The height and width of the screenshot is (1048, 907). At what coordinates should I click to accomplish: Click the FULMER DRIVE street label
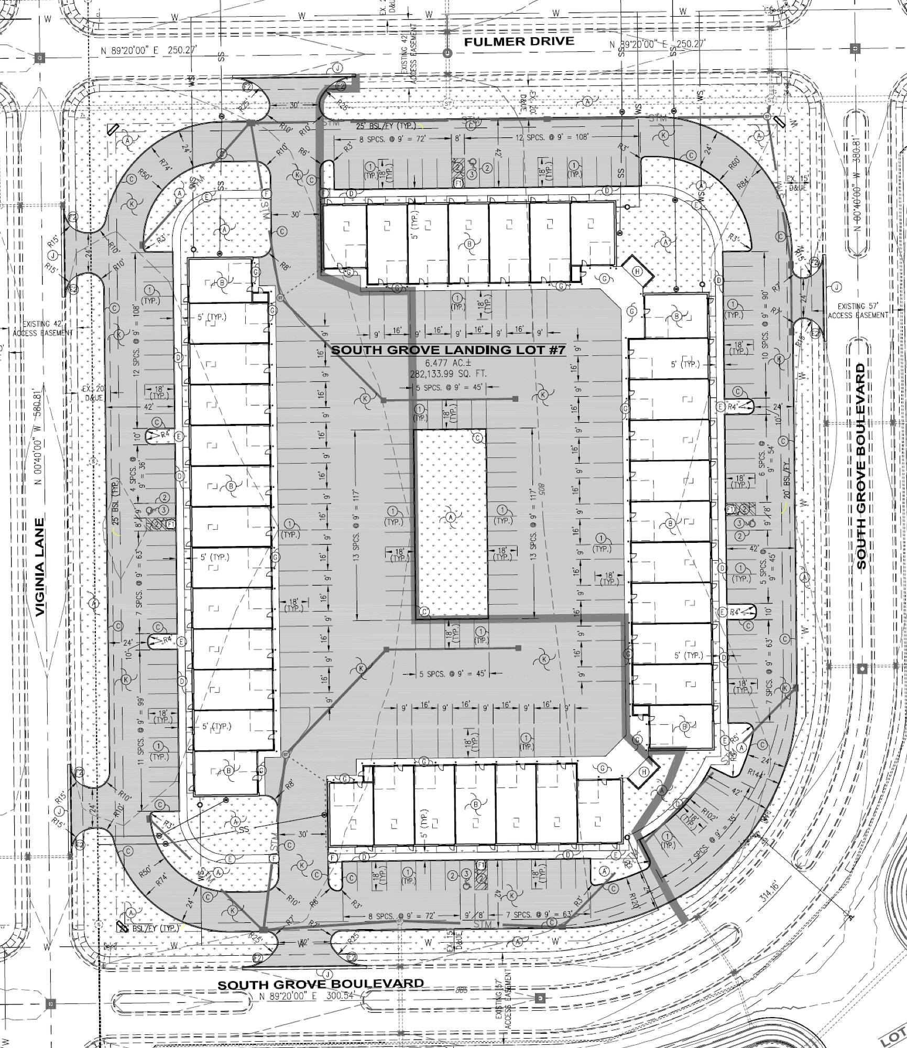pyautogui.click(x=519, y=42)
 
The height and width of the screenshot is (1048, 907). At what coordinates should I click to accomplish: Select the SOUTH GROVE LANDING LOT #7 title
pyautogui.click(x=448, y=350)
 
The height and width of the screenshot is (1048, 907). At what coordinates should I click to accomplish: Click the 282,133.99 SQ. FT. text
pyautogui.click(x=448, y=374)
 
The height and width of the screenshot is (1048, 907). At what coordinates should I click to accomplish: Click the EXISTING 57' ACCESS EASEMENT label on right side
pyautogui.click(x=858, y=311)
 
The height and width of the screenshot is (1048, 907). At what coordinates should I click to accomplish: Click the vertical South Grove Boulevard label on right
pyautogui.click(x=861, y=466)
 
